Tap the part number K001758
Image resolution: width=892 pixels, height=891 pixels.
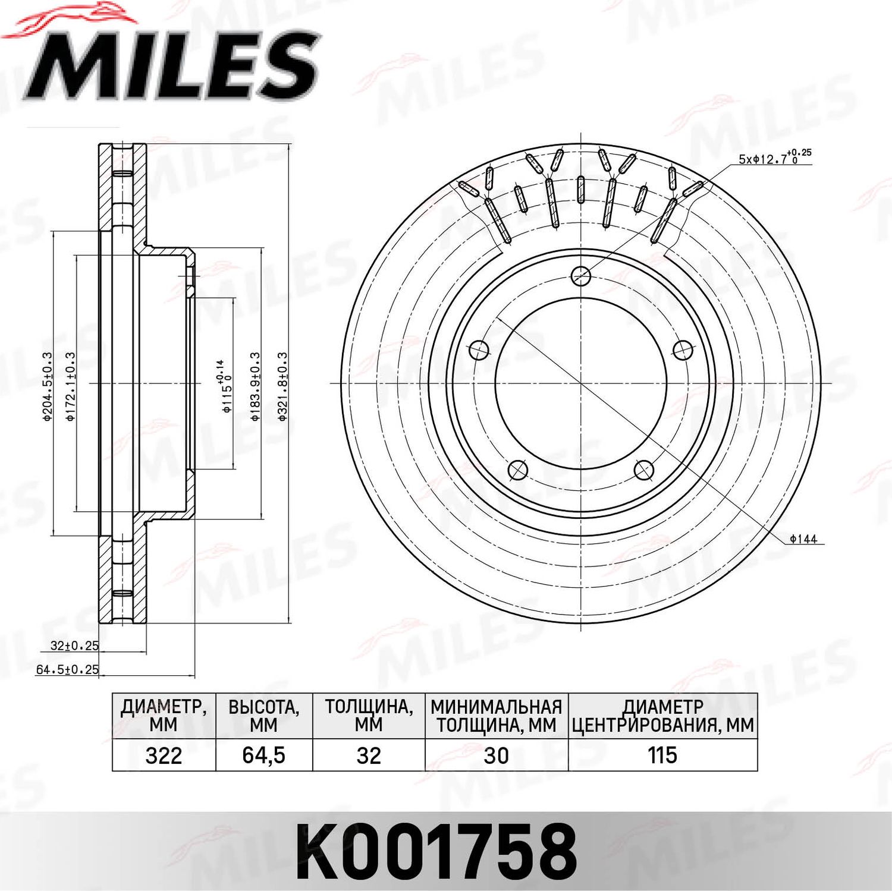[437, 851]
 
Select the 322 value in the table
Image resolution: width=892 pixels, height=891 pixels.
[164, 755]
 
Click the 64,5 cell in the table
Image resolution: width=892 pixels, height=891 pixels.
[263, 755]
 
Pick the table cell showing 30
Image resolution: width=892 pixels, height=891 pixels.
[496, 755]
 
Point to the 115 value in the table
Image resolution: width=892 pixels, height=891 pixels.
[662, 755]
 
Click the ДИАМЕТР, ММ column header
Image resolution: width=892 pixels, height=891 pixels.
[164, 716]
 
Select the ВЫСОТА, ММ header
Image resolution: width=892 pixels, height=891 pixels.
[263, 716]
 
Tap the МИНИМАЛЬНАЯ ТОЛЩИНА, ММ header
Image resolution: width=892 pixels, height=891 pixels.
[496, 716]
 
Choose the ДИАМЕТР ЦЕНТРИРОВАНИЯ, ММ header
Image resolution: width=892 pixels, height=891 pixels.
[662, 716]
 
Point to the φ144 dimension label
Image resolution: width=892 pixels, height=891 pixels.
[803, 539]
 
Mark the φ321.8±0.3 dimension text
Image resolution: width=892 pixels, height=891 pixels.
[282, 386]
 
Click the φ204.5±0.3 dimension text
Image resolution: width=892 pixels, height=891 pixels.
[48, 386]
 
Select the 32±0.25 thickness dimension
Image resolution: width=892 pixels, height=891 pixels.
[74, 646]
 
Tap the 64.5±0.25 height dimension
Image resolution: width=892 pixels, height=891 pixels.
[67, 670]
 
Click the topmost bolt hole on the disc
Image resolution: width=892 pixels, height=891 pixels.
[580, 275]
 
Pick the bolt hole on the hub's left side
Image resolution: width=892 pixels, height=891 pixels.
[479, 351]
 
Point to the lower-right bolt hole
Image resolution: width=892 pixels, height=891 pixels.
[644, 470]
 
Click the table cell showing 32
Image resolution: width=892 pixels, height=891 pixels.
[369, 755]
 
